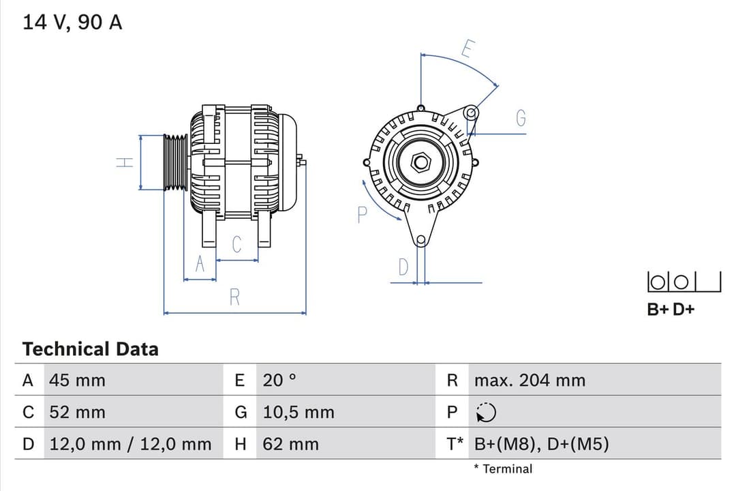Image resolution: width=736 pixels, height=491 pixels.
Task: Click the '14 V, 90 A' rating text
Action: pos(72,23)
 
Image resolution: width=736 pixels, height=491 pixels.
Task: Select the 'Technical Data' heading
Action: pos(90,349)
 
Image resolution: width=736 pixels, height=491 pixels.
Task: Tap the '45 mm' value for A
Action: pos(77,381)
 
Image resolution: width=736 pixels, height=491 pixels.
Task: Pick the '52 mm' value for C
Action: pos(77,413)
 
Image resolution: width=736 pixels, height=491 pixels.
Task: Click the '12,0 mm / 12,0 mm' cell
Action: pos(130,445)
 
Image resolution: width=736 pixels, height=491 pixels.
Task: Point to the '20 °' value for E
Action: pos(279,381)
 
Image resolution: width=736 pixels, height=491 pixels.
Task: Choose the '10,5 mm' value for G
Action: pos(298,413)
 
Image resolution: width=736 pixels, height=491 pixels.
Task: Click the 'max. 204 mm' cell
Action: pos(530,381)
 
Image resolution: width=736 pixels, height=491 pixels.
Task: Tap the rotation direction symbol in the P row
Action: pos(486,413)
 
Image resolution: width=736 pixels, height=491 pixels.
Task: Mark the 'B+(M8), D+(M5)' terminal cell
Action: pos(541,445)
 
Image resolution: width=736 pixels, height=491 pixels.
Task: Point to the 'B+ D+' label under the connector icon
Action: pos(671,310)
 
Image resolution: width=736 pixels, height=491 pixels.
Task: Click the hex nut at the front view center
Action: pos(421,162)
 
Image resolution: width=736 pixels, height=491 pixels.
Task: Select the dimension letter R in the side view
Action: pos(234,297)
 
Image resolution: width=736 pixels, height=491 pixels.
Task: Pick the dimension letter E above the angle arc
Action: pos(467,49)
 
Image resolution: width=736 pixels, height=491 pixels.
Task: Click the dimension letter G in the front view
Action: pos(521,119)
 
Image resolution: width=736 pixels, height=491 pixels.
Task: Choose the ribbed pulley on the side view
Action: pos(175,162)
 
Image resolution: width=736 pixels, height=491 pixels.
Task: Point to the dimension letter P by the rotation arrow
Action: pos(362,215)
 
